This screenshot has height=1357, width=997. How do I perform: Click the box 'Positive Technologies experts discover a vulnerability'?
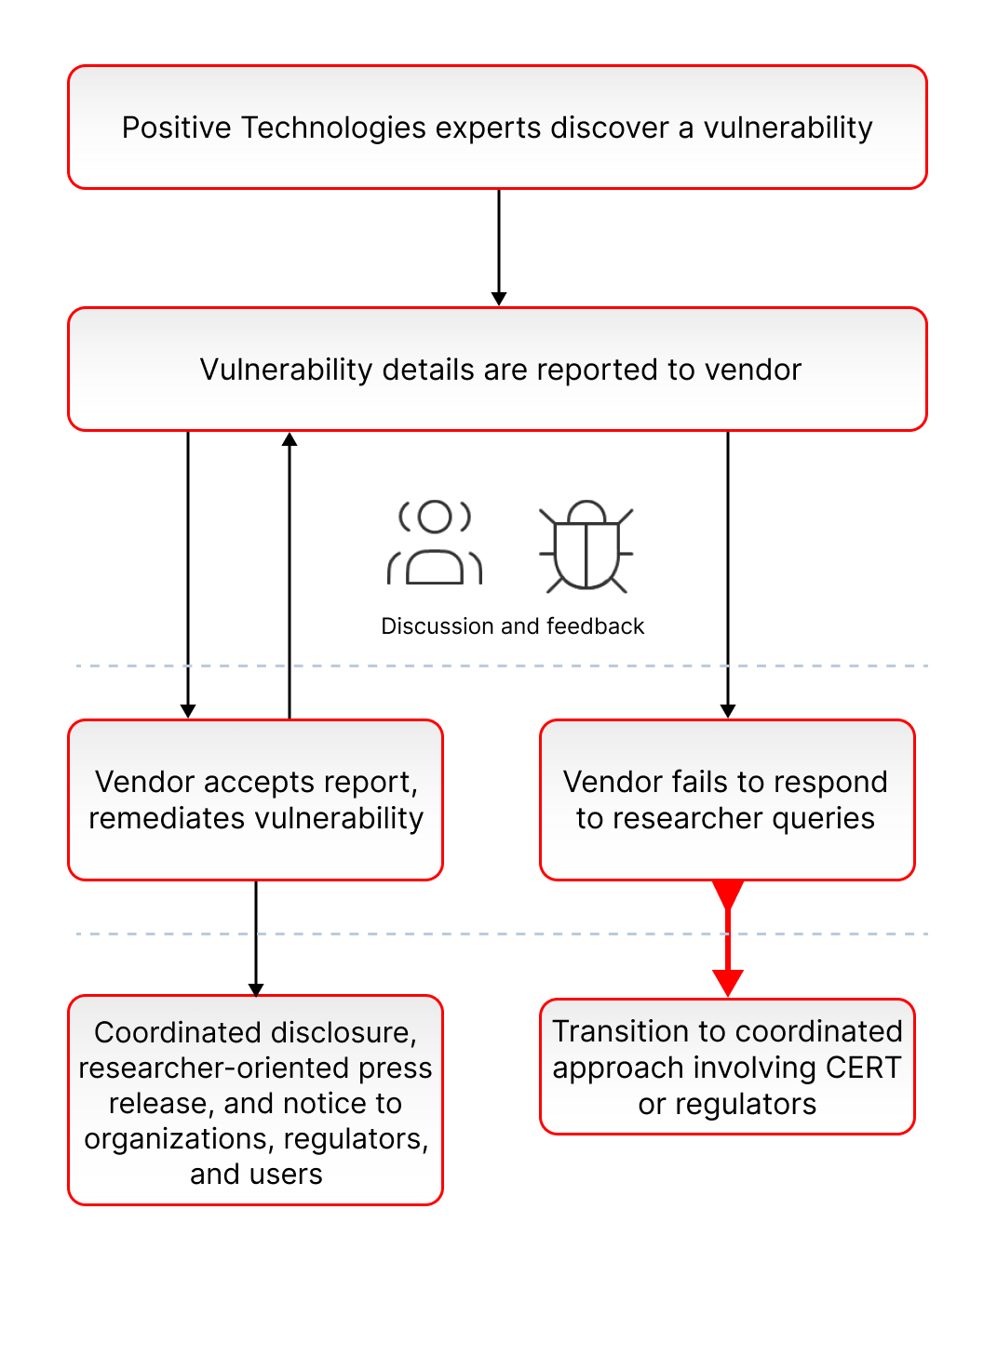[497, 128]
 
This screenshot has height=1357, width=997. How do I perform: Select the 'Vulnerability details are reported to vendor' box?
[497, 369]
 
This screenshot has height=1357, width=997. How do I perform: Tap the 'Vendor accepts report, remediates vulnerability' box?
[255, 799]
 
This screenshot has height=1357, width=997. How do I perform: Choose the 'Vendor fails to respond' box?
[727, 799]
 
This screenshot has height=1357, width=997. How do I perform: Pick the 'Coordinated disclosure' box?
[255, 1099]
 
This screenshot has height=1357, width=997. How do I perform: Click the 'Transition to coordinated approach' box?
[727, 1067]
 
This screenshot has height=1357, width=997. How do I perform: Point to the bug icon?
[586, 545]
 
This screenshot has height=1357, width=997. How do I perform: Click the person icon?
[434, 543]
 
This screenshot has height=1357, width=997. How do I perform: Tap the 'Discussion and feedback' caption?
[512, 625]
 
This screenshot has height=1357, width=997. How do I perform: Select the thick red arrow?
[727, 938]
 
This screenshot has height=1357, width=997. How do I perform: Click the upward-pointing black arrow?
[290, 575]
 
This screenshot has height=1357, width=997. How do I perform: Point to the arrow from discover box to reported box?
[499, 248]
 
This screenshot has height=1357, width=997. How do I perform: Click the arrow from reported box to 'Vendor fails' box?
[727, 575]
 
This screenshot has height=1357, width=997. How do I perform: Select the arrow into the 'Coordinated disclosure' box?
[256, 938]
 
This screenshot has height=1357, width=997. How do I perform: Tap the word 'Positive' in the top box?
[176, 128]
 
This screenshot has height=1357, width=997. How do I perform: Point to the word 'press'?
[395, 1069]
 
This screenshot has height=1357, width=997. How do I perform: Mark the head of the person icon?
[435, 517]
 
